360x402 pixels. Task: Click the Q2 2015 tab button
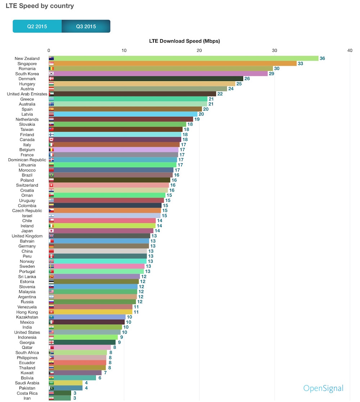[x=37, y=26]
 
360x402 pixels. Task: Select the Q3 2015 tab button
[x=86, y=26]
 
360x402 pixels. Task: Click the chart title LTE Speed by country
[x=40, y=6]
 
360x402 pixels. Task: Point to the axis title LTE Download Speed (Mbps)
[x=184, y=41]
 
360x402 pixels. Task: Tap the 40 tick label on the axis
[x=350, y=50]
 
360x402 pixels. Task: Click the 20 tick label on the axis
[x=199, y=50]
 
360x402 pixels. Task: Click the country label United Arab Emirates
[x=27, y=94]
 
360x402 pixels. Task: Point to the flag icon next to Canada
[x=51, y=140]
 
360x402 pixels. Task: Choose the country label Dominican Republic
[x=27, y=160]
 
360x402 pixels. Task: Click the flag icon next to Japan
[x=51, y=231]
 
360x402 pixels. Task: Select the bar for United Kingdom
[x=102, y=236]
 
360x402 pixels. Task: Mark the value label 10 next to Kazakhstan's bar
[x=129, y=317]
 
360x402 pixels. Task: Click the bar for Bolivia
[x=75, y=378]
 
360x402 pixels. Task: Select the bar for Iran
[x=62, y=398]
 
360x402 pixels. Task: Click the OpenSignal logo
[x=323, y=388]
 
